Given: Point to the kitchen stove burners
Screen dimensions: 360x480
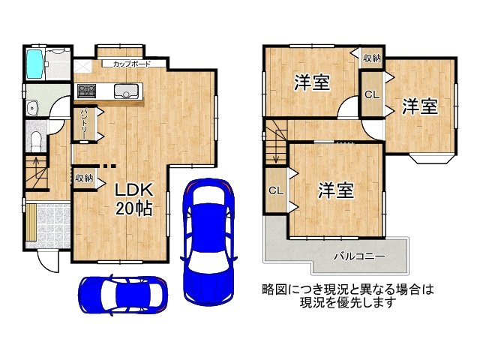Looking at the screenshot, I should (x=87, y=91).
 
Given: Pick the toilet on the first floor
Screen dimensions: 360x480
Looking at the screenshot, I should (x=36, y=139).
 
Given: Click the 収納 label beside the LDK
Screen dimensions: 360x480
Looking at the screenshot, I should (x=84, y=178).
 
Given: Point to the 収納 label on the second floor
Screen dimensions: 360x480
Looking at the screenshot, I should (x=371, y=58).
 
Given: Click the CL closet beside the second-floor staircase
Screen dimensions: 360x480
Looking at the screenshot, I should (x=275, y=190).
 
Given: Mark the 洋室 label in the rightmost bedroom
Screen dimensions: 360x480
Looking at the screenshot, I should (x=419, y=107).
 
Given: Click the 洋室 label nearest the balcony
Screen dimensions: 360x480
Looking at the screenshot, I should (x=334, y=191).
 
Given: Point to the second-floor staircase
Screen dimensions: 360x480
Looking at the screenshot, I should (x=275, y=142).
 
